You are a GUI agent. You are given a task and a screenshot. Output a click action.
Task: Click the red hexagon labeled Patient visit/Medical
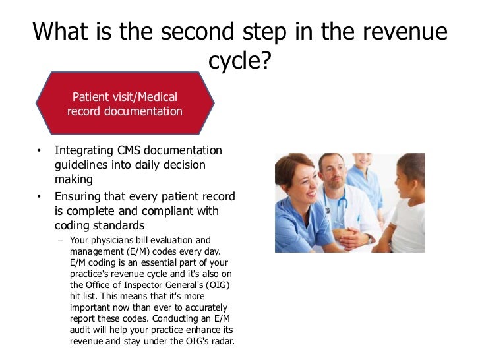coord(125,104)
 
